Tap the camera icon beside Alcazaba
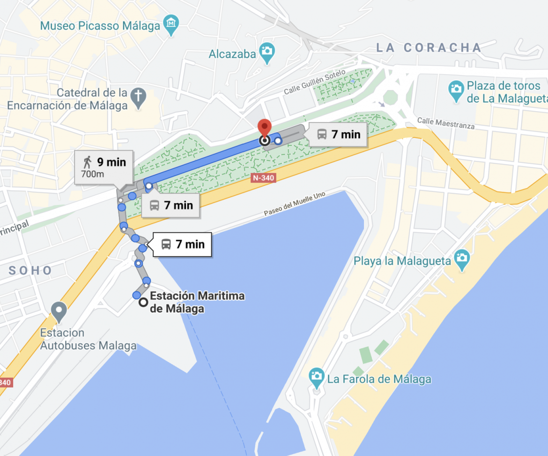267,53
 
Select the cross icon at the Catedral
138,96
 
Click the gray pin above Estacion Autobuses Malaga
59,311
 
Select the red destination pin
265,128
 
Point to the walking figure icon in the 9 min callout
87,162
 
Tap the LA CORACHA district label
429,47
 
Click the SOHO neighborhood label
30,271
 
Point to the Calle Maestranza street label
445,123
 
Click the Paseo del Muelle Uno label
294,204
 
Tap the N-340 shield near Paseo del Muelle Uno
264,178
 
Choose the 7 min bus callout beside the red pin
338,135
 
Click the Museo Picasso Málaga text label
100,25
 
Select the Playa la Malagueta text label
402,261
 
